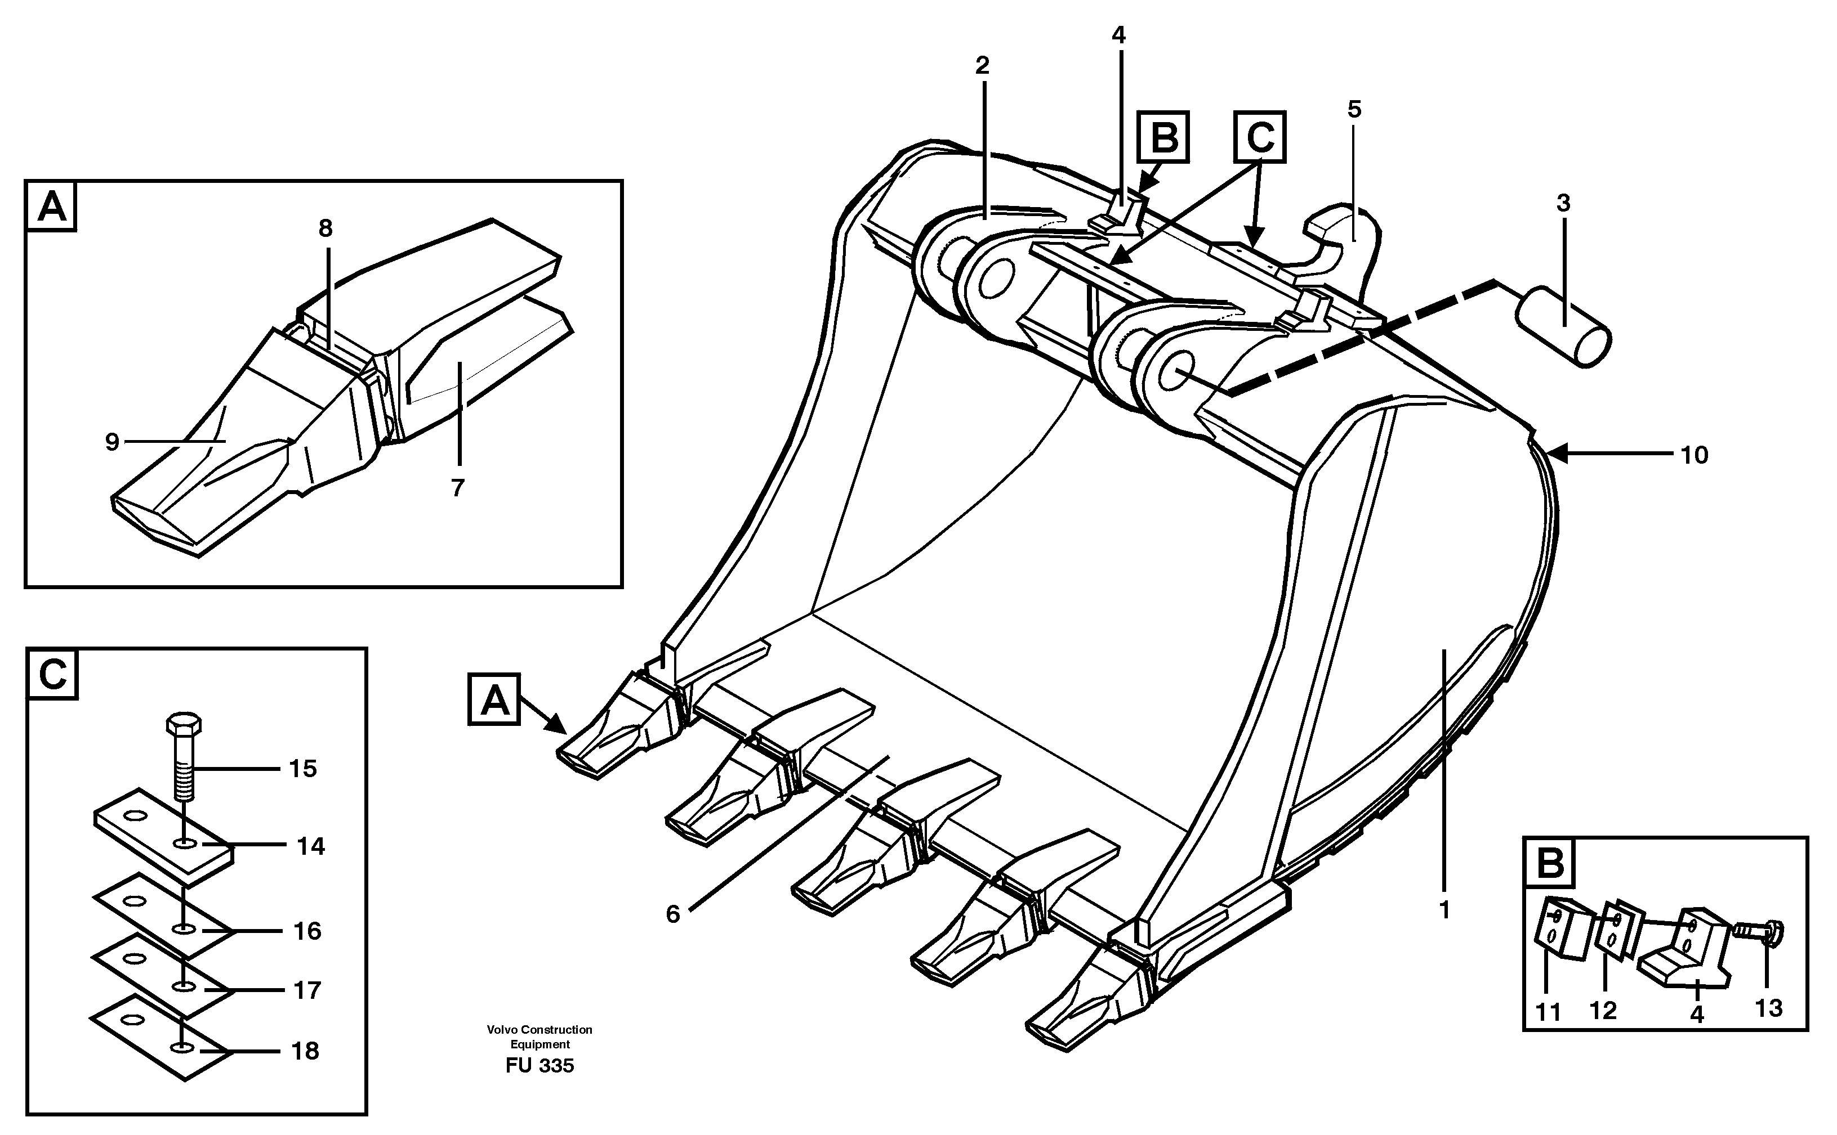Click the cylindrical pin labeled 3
point(1562,326)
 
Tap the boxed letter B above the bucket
point(1162,137)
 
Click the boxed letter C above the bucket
point(1259,137)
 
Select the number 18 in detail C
point(305,1051)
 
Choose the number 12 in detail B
point(1603,1011)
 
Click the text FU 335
point(539,1066)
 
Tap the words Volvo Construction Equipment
point(539,1037)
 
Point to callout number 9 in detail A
point(113,442)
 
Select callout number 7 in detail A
point(457,488)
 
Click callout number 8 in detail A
point(325,228)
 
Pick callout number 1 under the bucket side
point(1443,910)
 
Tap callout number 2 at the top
point(982,66)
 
